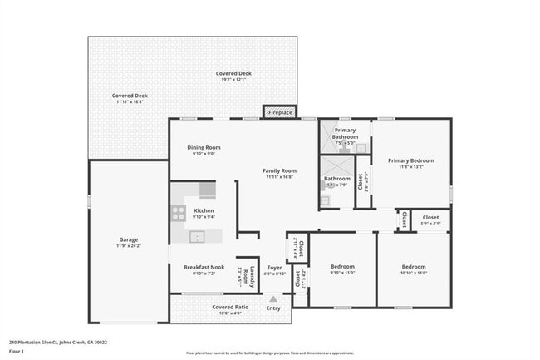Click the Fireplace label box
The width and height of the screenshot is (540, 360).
coord(279,112)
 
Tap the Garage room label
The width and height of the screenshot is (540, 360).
coord(128,239)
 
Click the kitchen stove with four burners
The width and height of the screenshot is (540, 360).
coord(178,212)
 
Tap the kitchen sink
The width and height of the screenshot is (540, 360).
coord(197,237)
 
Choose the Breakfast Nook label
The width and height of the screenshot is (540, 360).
coord(204,267)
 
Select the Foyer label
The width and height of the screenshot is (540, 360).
coord(274,267)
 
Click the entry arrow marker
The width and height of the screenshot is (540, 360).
coord(273,298)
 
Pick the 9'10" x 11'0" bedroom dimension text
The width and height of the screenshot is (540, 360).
coord(342,273)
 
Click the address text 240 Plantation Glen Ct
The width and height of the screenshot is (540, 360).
coord(57,342)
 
